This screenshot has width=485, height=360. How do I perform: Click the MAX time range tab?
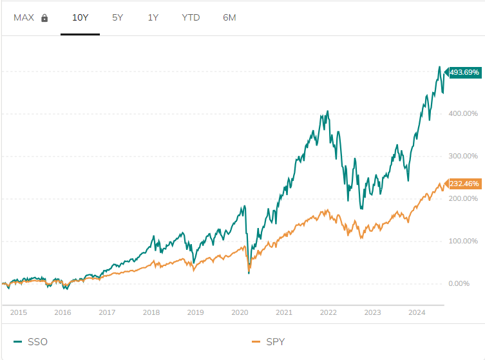(24, 17)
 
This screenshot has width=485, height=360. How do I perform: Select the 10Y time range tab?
(80, 17)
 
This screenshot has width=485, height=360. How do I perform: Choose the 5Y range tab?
(117, 17)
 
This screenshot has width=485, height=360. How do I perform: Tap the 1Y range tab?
(153, 17)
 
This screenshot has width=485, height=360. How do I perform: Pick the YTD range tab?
(191, 17)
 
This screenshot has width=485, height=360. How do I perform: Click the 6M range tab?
(229, 17)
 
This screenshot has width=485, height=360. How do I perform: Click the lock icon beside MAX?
(44, 18)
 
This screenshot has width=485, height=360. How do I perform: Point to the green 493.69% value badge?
(464, 73)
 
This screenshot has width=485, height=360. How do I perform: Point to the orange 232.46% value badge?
(464, 184)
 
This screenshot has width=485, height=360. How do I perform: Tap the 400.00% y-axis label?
(464, 114)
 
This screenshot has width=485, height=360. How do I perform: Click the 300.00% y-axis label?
(464, 156)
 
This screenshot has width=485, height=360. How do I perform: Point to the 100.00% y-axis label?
(464, 241)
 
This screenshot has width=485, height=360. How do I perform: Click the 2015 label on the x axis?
(19, 313)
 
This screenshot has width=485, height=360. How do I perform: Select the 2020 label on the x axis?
(240, 313)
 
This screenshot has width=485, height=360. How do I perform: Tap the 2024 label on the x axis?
(417, 313)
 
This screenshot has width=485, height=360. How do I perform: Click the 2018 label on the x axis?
(151, 313)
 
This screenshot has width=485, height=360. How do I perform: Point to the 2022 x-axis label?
(328, 313)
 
